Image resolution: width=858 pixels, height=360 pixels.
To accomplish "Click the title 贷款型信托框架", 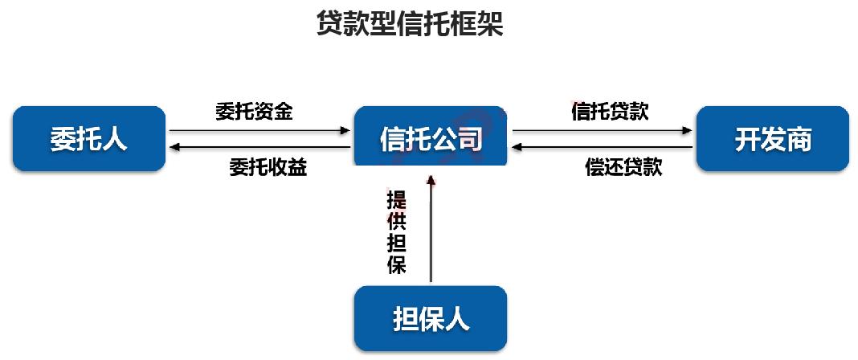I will click(410, 23).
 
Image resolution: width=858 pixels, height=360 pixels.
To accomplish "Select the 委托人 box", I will click(89, 138).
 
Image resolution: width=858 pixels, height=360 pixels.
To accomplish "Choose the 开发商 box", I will click(773, 138).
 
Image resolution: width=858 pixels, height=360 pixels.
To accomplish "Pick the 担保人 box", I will click(431, 319).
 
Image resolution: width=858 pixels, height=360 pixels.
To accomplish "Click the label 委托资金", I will click(254, 112).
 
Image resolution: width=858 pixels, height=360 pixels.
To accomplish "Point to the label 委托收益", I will click(268, 167).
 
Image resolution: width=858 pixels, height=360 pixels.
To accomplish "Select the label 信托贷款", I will click(610, 112).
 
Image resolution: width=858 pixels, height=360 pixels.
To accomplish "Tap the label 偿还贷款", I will click(623, 167).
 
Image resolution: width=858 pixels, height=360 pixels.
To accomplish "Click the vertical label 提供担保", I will click(396, 232).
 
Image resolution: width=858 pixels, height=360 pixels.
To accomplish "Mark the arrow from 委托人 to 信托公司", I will click(260, 129).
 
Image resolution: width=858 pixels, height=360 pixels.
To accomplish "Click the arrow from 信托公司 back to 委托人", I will click(260, 148).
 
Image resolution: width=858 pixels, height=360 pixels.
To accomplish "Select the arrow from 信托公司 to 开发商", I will click(603, 129).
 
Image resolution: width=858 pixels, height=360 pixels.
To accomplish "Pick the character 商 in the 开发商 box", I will click(798, 138).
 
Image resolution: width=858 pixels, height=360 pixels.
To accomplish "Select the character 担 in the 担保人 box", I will click(406, 319).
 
